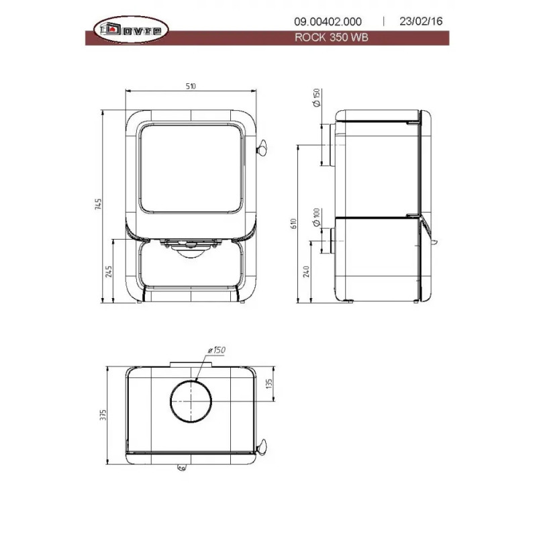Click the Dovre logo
131,30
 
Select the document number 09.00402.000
328,21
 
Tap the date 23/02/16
421,21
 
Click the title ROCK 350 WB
331,37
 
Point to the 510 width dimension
191,87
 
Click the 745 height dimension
98,204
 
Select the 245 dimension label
109,271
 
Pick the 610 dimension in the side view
293,224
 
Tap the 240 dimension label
306,272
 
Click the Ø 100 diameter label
316,217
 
